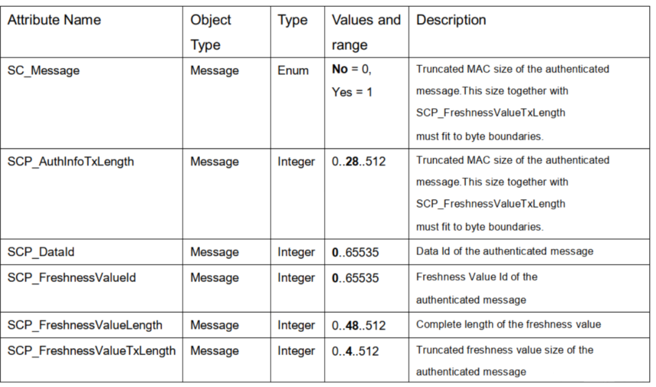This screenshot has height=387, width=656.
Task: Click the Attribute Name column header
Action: pyautogui.click(x=54, y=19)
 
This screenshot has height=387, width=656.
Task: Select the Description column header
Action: pyautogui.click(x=451, y=19)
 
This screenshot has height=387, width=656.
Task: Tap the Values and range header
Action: pyautogui.click(x=366, y=32)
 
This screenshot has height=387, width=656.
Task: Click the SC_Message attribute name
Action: pyautogui.click(x=44, y=70)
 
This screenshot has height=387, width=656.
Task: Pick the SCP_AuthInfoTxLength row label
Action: pyautogui.click(x=70, y=161)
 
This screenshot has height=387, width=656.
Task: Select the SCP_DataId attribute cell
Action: pyautogui.click(x=41, y=252)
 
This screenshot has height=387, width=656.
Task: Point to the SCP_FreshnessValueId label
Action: pyautogui.click(x=72, y=277)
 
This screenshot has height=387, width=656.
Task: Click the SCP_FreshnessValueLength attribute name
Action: pyautogui.click(x=85, y=325)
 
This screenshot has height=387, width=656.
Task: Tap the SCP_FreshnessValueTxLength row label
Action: pyautogui.click(x=92, y=351)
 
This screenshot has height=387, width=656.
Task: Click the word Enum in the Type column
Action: pyautogui.click(x=293, y=70)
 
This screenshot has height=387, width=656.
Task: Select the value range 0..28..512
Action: pyautogui.click(x=358, y=161)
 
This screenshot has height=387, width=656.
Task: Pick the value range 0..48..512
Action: pyautogui.click(x=358, y=326)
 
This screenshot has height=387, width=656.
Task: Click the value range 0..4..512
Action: pyautogui.click(x=355, y=351)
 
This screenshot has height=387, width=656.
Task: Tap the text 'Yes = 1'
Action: pyautogui.click(x=352, y=92)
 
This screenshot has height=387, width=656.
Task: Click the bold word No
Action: pyautogui.click(x=340, y=69)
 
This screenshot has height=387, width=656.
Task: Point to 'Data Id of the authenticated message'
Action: pyautogui.click(x=505, y=251)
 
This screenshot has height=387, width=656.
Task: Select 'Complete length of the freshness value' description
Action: pyautogui.click(x=508, y=325)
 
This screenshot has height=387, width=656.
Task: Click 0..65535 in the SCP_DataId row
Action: pyautogui.click(x=355, y=252)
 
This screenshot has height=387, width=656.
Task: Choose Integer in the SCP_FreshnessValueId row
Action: pyautogui.click(x=296, y=278)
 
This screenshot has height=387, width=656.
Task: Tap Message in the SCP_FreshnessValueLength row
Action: pyautogui.click(x=214, y=325)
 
